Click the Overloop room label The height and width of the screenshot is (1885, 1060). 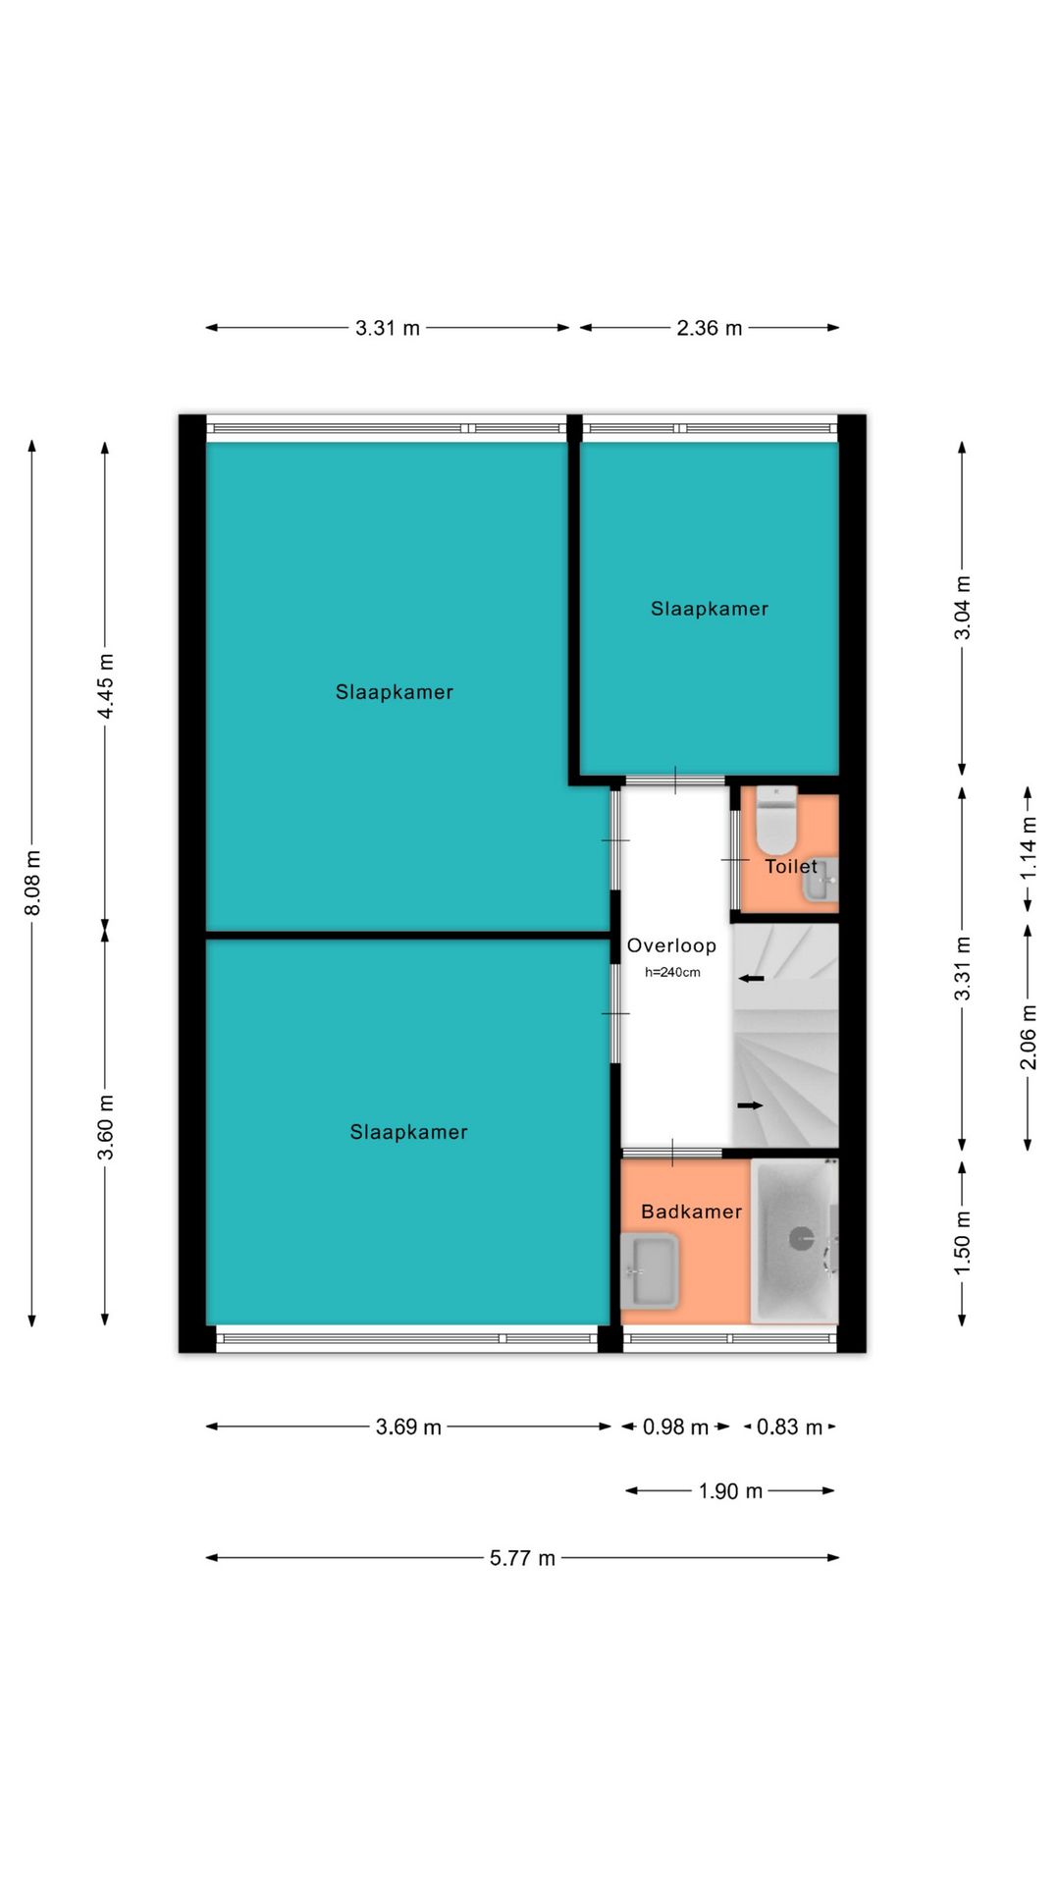671,945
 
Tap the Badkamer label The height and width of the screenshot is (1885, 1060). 691,1212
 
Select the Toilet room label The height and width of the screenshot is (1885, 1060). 791,866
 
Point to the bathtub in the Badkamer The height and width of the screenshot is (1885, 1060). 794,1240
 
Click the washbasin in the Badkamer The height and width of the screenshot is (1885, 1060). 650,1270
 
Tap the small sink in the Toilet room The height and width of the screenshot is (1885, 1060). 821,880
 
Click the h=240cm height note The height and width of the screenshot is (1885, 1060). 672,973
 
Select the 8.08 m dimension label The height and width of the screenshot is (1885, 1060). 32,883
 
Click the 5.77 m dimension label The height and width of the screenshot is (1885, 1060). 522,1558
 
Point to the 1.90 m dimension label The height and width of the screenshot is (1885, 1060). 730,1491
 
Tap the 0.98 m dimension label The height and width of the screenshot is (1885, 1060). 675,1427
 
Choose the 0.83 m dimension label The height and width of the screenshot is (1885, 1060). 789,1427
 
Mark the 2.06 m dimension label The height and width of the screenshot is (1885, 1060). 1028,1037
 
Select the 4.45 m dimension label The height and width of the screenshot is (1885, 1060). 105,685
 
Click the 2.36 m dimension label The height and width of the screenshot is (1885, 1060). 710,328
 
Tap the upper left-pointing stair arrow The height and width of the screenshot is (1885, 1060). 752,978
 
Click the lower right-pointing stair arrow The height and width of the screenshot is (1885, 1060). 750,1105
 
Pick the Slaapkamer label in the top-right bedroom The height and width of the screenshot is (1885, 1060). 710,609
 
